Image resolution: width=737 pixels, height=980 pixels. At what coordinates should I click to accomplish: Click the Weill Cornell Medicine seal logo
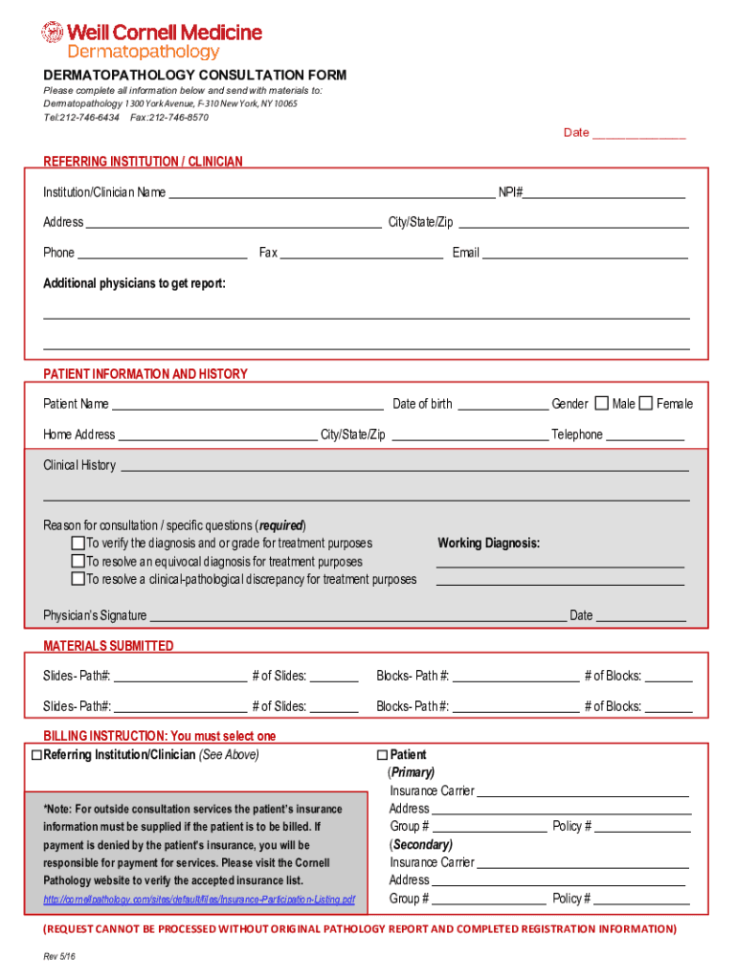click(x=52, y=33)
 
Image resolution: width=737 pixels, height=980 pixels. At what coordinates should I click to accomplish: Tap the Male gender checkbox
click(x=602, y=403)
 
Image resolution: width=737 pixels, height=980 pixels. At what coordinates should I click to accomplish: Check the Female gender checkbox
click(x=646, y=403)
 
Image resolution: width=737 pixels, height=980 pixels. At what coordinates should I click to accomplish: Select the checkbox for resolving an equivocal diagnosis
click(x=78, y=562)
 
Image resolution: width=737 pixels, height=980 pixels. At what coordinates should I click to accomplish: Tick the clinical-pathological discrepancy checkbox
click(x=78, y=579)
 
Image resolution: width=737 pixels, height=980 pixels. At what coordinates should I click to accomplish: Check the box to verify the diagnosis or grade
click(x=78, y=544)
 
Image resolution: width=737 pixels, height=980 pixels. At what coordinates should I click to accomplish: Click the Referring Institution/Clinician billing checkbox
click(x=36, y=755)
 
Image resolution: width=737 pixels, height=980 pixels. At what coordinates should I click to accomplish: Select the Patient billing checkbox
click(x=383, y=755)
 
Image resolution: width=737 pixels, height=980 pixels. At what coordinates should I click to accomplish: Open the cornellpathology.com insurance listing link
click(x=199, y=900)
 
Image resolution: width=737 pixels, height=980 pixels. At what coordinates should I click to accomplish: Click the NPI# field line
click(x=604, y=194)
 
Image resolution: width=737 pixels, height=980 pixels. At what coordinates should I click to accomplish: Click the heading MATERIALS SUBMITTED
click(x=108, y=646)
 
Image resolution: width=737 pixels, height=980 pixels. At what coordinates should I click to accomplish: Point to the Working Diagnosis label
click(x=488, y=544)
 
